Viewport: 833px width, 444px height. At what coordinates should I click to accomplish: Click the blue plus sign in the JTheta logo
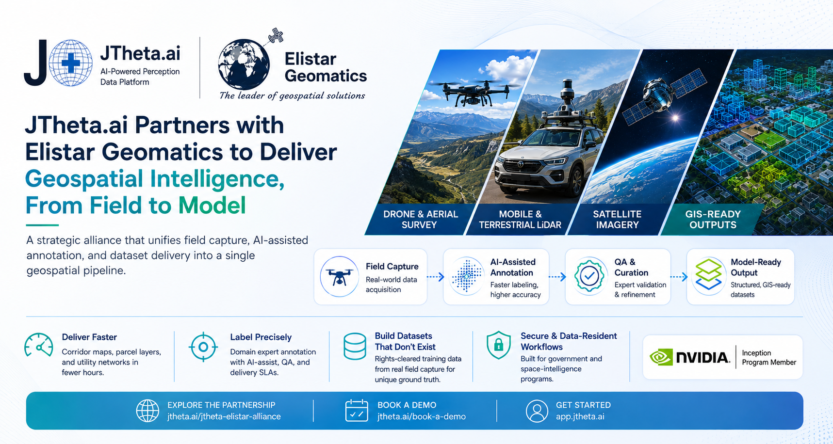71,63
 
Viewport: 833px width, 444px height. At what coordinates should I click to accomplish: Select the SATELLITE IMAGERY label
617,220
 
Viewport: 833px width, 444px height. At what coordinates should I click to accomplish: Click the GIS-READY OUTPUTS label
713,220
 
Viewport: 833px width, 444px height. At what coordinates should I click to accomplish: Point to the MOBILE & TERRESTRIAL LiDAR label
520,220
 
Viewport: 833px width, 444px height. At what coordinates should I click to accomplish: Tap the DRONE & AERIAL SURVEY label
420,220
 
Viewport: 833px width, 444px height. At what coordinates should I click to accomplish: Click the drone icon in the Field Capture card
339,277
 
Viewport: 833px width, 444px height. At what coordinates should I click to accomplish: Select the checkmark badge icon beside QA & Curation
589,276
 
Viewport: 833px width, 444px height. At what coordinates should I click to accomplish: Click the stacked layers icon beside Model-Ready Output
708,274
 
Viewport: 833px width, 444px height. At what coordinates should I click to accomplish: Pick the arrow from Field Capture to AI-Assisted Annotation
436,277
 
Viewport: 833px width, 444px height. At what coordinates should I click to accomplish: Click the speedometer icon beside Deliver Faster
39,345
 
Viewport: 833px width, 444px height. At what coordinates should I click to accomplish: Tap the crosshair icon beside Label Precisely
203,347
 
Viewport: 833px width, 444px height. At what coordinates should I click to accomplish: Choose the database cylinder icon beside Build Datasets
355,346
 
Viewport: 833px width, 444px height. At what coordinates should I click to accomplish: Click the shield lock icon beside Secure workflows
499,345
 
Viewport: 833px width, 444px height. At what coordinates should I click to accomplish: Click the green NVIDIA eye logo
661,357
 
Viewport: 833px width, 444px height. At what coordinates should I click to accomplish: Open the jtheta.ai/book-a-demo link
422,416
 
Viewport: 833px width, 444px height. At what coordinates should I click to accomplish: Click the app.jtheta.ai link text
580,416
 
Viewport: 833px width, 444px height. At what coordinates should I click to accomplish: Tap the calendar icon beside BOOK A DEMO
357,410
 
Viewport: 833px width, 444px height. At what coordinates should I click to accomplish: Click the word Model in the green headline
212,205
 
